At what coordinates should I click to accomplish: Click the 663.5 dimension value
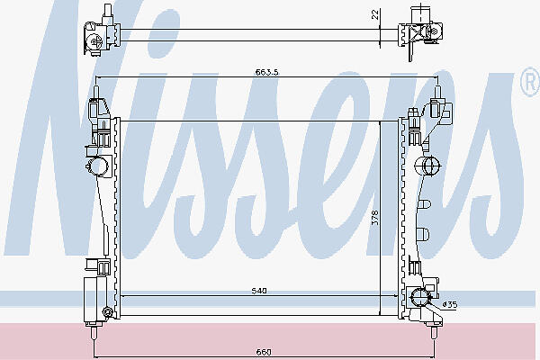coord(266,72)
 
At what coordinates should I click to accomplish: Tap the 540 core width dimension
coord(259,291)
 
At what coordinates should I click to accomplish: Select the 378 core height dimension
coord(375,218)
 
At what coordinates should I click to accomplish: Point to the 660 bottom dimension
coord(264,352)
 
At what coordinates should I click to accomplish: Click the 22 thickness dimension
coord(375,14)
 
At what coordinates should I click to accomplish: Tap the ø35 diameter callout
coord(450,304)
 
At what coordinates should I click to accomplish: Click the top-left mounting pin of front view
coord(96,93)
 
